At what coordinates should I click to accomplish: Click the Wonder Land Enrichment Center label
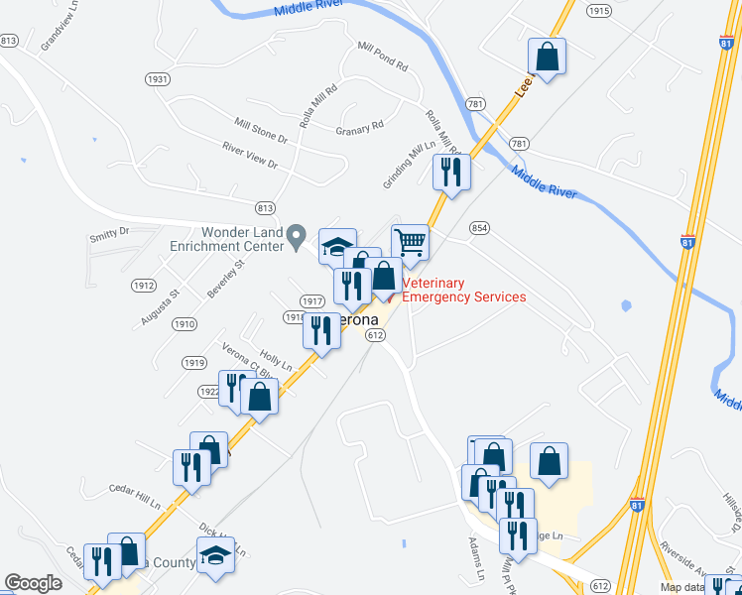pos(228,237)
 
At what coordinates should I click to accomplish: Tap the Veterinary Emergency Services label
pos(463,290)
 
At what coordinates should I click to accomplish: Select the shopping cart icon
pos(410,241)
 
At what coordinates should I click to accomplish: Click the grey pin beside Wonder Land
pos(296,237)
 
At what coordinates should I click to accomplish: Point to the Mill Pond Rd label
pos(383,58)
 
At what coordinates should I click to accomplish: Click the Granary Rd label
pos(359,129)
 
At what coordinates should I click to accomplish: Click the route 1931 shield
pos(157,78)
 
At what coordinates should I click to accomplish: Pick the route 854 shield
pos(480,227)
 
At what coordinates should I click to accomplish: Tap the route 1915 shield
pos(598,10)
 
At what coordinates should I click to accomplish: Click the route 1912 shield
pos(143,285)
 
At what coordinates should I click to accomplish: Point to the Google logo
pos(33,583)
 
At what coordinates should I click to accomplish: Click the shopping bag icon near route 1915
pos(547,57)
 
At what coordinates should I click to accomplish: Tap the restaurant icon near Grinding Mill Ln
pos(451,172)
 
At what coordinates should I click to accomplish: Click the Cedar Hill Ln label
pos(134,496)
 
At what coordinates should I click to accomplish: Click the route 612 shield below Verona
pos(375,336)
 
